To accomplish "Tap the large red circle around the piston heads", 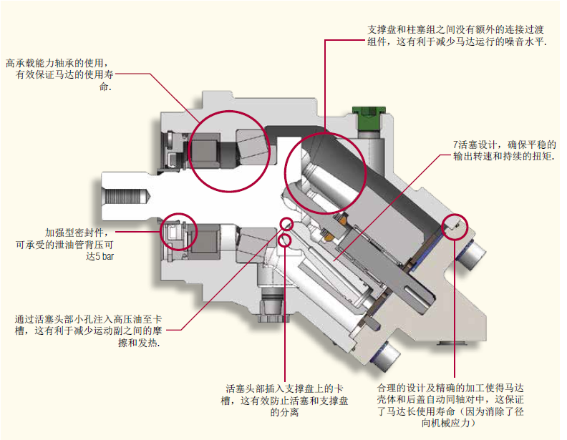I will click(x=324, y=172).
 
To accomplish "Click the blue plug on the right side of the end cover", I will click(x=474, y=253).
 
